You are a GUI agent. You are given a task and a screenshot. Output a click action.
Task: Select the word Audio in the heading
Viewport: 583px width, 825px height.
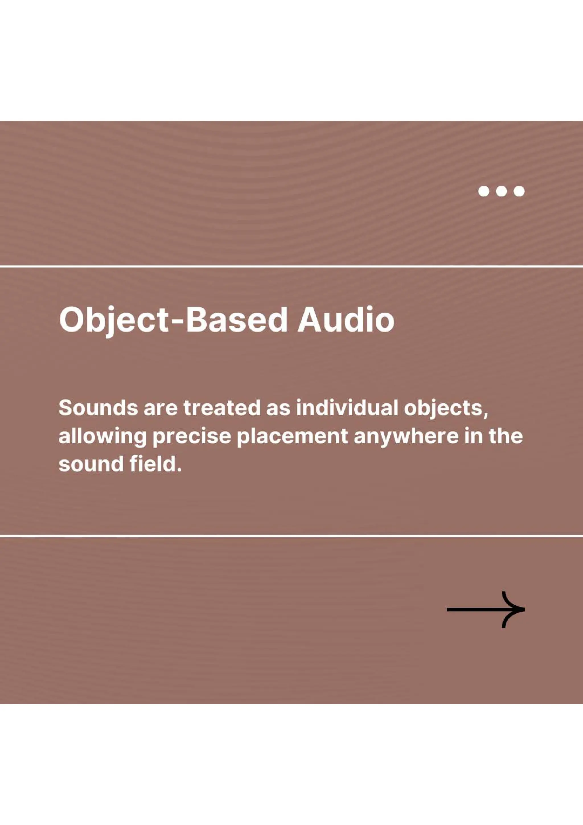coord(346,319)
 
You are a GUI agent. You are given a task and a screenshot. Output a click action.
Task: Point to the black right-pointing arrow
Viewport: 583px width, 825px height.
coord(485,609)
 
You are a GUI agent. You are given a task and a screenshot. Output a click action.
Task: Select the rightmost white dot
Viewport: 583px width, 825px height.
coord(519,191)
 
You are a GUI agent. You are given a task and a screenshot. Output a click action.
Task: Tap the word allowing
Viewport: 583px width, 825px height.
coord(102,437)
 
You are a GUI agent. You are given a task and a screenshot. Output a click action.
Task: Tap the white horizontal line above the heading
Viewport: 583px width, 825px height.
coord(291,266)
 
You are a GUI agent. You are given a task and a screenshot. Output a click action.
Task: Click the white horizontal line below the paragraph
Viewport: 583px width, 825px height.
coord(291,536)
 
